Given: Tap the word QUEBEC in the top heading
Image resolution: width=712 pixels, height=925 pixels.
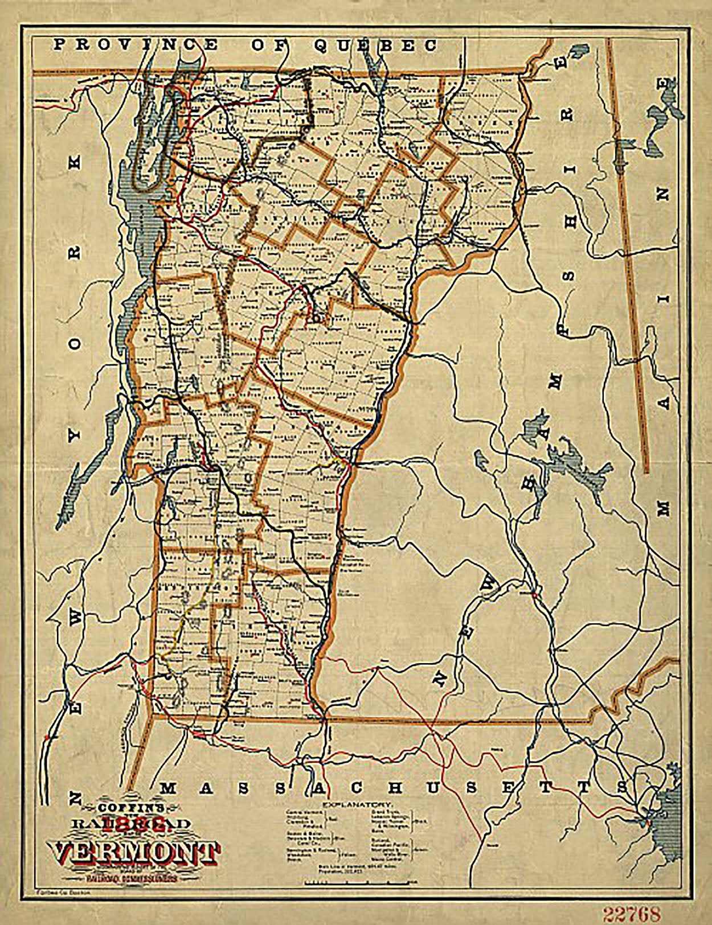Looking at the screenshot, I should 375,46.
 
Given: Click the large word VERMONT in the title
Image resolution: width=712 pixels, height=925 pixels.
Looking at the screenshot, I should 136,852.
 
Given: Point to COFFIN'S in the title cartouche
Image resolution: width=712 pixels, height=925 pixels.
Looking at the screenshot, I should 132,807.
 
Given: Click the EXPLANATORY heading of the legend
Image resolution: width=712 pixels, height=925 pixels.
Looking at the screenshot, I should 357,805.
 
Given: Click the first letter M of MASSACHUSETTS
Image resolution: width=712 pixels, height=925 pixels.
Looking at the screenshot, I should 167,788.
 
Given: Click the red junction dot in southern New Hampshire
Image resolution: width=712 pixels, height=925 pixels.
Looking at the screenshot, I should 534,595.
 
